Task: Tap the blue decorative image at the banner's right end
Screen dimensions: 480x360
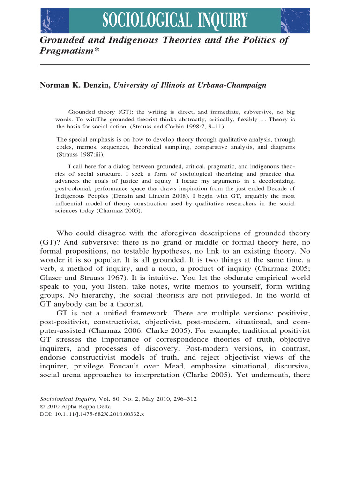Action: tap(295, 21)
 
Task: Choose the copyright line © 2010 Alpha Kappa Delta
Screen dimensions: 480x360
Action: tap(70, 407)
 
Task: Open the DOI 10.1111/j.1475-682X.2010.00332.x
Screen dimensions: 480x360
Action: tap(100, 415)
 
